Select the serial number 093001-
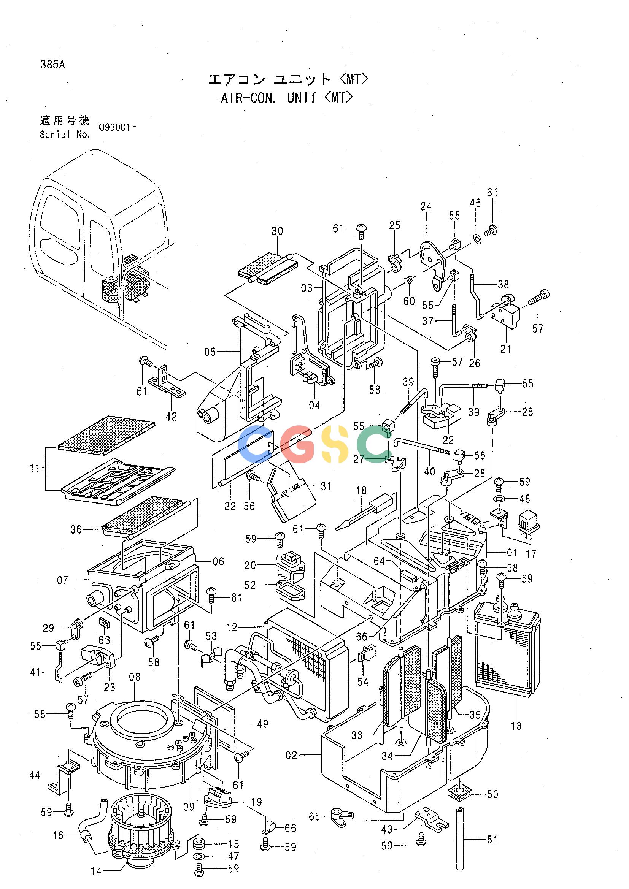point(118,127)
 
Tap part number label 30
point(277,231)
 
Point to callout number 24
point(426,206)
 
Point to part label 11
point(35,469)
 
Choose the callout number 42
point(171,417)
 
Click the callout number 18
point(361,491)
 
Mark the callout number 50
point(492,794)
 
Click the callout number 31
point(326,486)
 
